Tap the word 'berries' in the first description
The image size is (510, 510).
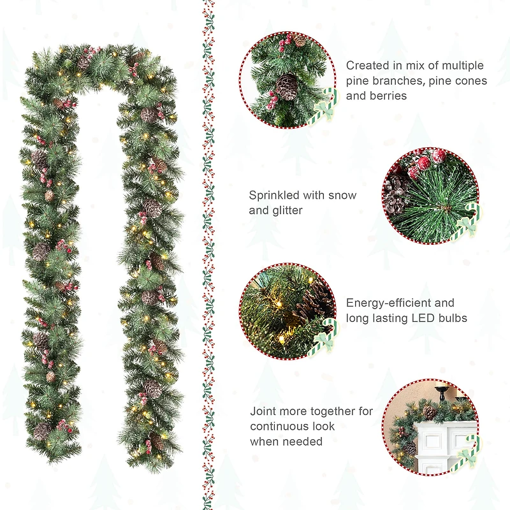(x=386, y=96)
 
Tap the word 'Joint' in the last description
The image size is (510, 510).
(x=264, y=411)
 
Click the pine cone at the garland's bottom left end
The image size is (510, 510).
(x=42, y=432)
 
